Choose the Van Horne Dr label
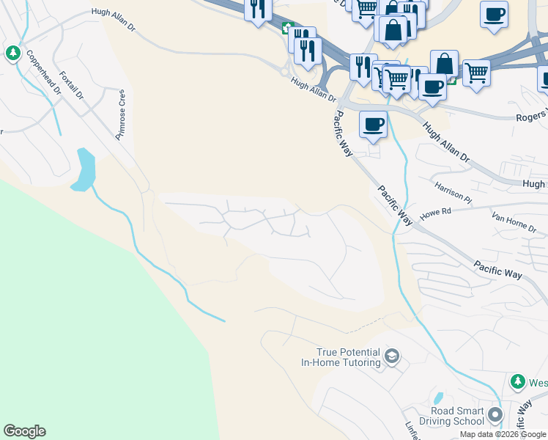[x=514, y=222]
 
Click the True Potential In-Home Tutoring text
[x=341, y=357]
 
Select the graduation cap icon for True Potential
[x=392, y=357]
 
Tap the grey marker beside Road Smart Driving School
[x=495, y=416]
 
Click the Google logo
[x=24, y=431]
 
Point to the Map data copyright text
[x=503, y=434]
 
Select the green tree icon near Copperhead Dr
[x=13, y=53]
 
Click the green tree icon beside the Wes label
[x=518, y=382]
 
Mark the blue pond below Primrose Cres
[x=84, y=169]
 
